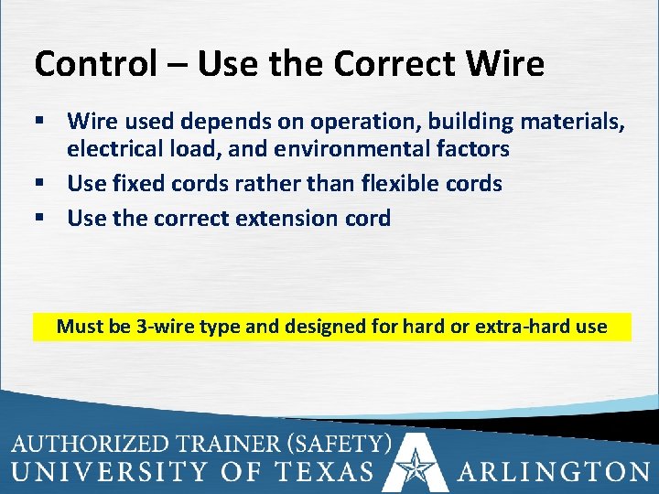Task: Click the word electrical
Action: tap(114, 148)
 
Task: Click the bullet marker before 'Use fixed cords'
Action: tap(39, 184)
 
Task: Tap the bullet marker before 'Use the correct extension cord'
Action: tap(39, 219)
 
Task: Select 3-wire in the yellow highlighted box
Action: tap(170, 327)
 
